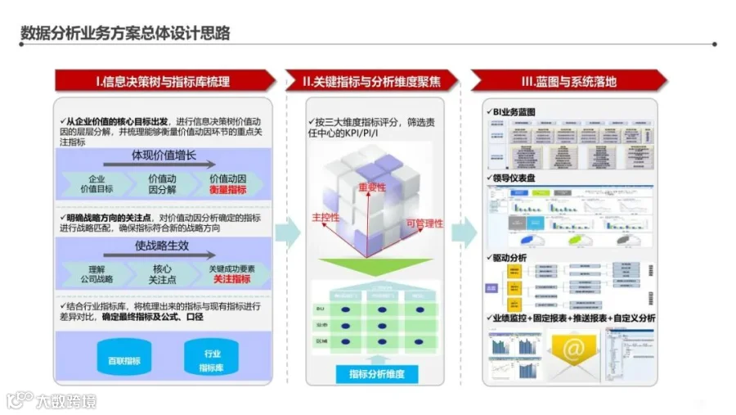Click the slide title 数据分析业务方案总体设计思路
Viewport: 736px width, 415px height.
coord(125,33)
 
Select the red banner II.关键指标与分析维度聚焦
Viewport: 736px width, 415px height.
coord(370,81)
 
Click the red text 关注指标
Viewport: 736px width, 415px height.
coord(231,279)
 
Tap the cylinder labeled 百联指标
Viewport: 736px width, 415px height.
coord(124,360)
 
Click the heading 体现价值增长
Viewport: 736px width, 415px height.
coord(164,155)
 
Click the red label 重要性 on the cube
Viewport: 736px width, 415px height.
coord(371,187)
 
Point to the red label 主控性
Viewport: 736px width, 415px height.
coord(325,218)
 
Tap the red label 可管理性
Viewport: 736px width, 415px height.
coord(424,223)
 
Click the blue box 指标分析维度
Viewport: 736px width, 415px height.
coord(383,374)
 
